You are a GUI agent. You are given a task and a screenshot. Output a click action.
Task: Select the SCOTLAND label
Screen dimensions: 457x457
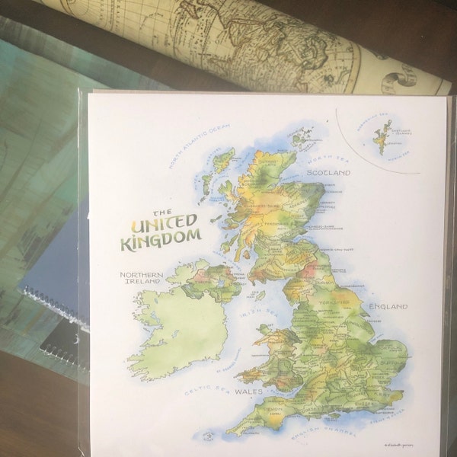click(x=328, y=174)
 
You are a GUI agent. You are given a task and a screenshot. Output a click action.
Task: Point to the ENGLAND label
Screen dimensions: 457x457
click(x=389, y=306)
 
